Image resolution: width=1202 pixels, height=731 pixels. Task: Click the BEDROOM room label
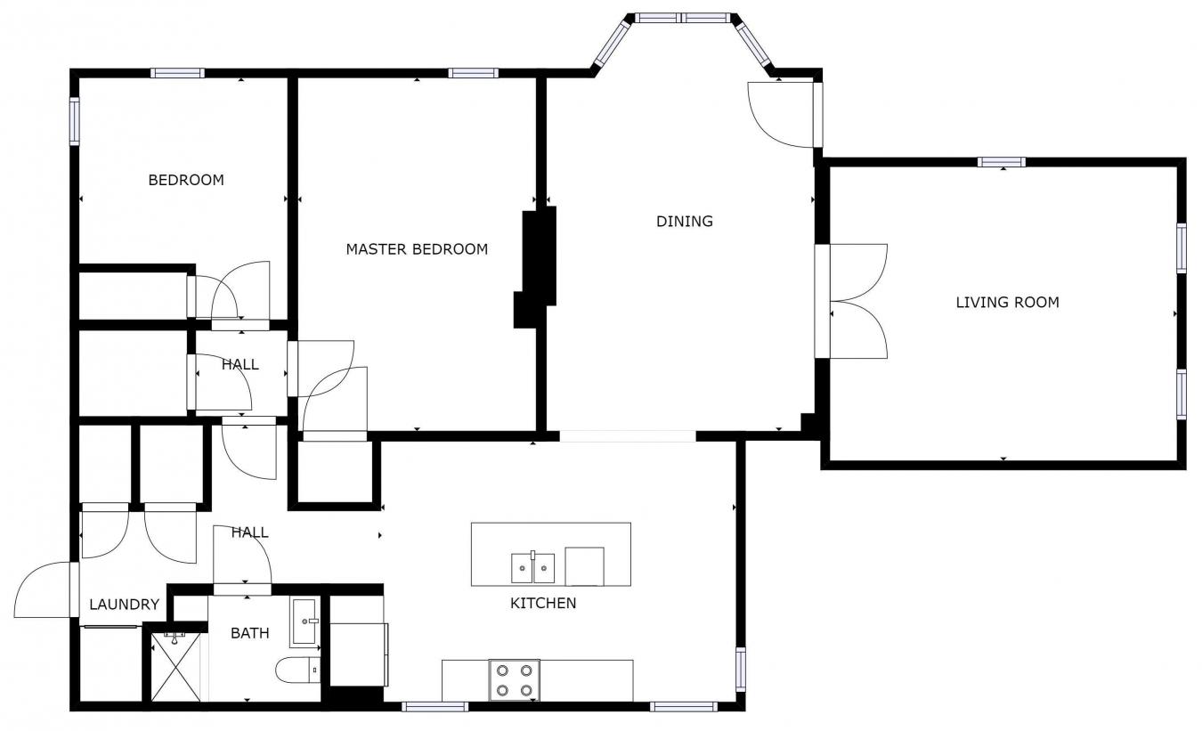coord(185,180)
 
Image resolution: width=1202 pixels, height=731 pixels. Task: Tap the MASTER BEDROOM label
coord(417,249)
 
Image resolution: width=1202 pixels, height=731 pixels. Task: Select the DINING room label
coord(685,222)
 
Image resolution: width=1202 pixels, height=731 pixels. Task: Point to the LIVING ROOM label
coord(1007,303)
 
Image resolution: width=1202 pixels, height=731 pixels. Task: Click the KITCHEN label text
coord(542,604)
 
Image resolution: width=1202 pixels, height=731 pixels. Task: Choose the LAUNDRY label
coord(124,605)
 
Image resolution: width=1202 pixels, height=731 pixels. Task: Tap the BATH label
coord(250,633)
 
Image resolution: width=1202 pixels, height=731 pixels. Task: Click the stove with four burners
coord(514,680)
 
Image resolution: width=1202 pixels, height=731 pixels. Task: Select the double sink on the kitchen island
coord(532,567)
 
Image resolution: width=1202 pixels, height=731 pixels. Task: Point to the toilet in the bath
coord(297,669)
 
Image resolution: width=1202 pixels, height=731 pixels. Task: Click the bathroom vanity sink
coord(304,621)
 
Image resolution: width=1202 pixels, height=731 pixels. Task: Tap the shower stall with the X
coord(175,667)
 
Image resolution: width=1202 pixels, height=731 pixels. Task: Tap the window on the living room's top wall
coord(1001,162)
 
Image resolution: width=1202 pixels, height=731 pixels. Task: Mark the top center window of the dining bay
coord(682,17)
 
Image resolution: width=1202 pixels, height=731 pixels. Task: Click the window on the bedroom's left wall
coord(75,121)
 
